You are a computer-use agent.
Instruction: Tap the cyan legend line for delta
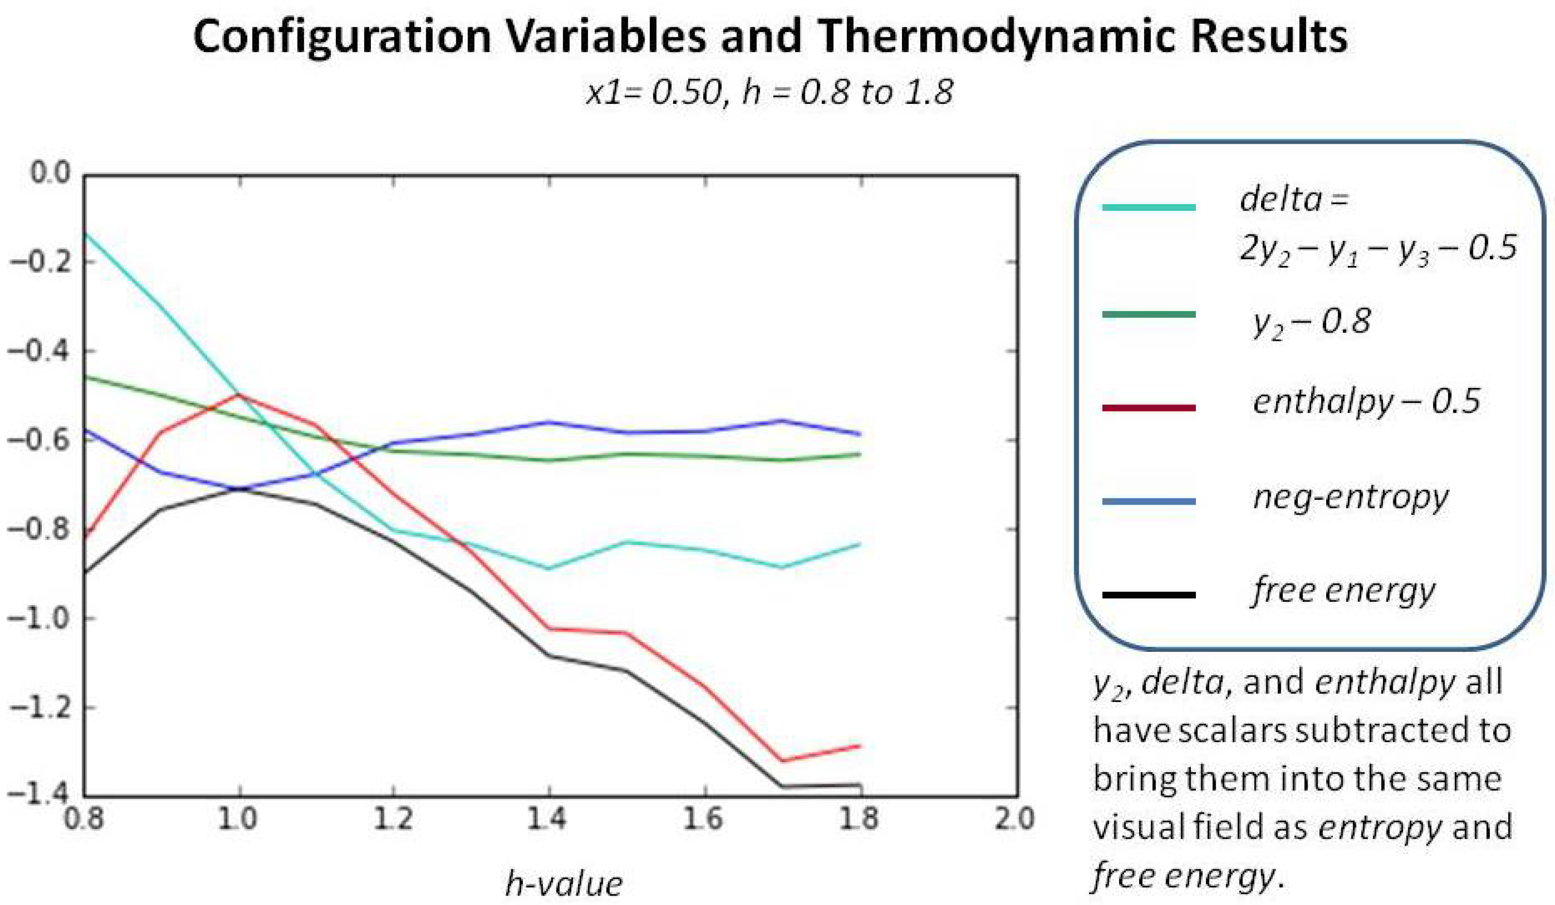point(1149,207)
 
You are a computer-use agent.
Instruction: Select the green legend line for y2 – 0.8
point(1149,315)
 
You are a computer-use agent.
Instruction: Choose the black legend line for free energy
point(1149,595)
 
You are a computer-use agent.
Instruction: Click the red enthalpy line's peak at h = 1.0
point(239,394)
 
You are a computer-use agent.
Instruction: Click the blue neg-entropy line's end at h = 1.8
point(860,434)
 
